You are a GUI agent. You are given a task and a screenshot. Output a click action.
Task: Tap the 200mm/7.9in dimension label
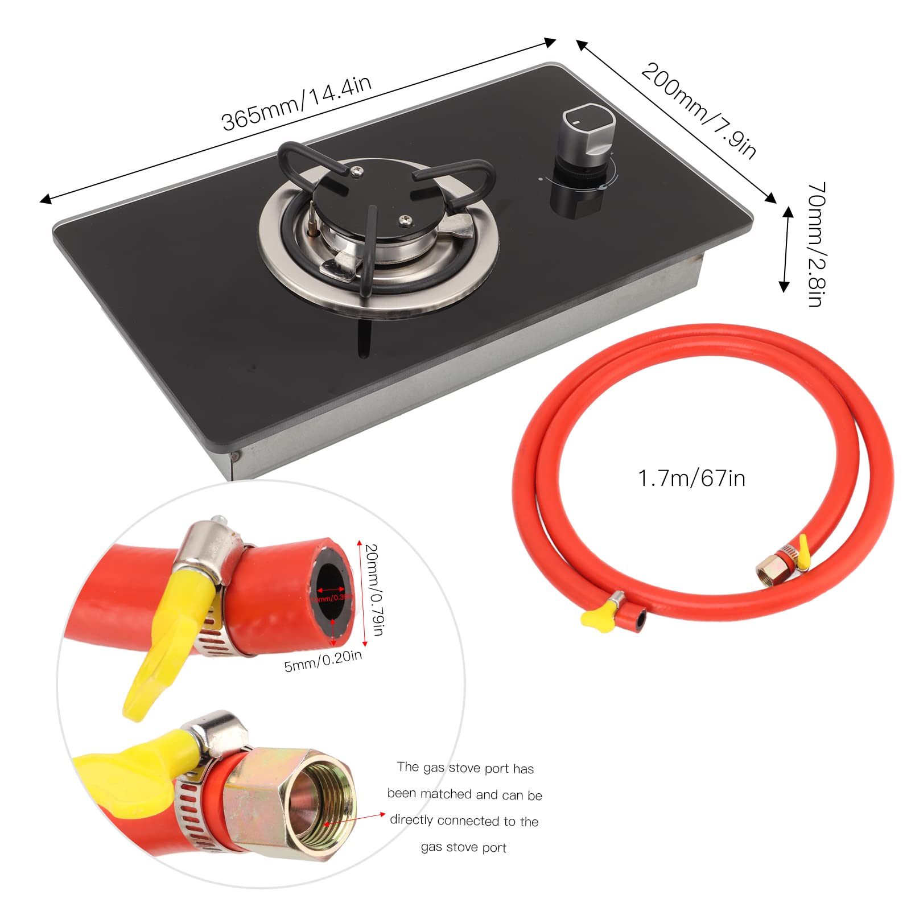699,112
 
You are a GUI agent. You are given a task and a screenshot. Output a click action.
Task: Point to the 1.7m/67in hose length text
691,479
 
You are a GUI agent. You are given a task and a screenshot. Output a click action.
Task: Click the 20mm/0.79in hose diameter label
373,590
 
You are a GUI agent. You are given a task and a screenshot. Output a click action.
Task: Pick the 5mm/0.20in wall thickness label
323,661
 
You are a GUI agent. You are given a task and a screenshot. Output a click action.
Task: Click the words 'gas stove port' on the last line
463,847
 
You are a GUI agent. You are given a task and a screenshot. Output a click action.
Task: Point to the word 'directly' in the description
412,820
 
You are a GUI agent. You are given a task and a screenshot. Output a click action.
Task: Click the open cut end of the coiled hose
640,619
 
